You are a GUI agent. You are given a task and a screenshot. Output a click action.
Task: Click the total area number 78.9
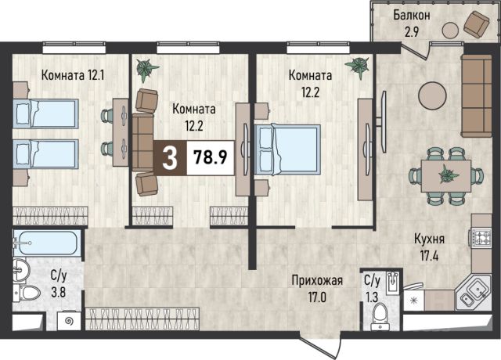pyautogui.click(x=211, y=157)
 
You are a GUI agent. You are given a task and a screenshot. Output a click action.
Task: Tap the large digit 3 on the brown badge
pyautogui.click(x=170, y=159)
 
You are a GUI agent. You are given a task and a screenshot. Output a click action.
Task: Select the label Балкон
pyautogui.click(x=412, y=16)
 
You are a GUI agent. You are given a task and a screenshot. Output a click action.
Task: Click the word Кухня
pyautogui.click(x=430, y=239)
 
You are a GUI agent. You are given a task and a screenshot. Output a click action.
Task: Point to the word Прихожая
pyautogui.click(x=317, y=280)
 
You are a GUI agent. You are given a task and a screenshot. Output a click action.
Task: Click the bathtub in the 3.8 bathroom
pyautogui.click(x=45, y=243)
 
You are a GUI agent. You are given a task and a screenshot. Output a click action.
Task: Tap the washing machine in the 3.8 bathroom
pyautogui.click(x=70, y=321)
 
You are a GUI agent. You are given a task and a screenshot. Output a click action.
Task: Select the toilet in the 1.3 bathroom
pyautogui.click(x=380, y=316)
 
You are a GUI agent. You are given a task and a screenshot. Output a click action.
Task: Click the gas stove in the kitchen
pyautogui.click(x=480, y=237)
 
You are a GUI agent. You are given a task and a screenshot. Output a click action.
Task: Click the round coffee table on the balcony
pyautogui.click(x=451, y=30)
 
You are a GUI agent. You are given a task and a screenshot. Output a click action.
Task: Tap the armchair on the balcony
pyautogui.click(x=477, y=24)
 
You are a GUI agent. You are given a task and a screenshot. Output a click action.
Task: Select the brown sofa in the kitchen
pyautogui.click(x=477, y=95)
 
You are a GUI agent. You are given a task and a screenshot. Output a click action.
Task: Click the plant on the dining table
pyautogui.click(x=449, y=175)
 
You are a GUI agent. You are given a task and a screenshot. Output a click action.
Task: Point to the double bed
pyautogui.click(x=287, y=149)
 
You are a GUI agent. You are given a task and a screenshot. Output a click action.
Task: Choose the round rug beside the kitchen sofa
pyautogui.click(x=432, y=95)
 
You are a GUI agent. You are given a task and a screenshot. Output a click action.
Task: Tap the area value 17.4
pyautogui.click(x=430, y=256)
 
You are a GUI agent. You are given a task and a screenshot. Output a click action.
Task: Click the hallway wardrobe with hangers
pyautogui.click(x=142, y=319)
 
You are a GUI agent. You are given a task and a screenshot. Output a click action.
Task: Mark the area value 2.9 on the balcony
pyautogui.click(x=412, y=32)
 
